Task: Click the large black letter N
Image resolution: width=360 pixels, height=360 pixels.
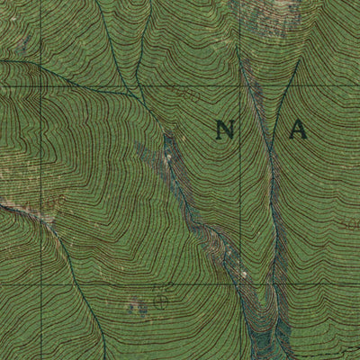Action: click(225, 130)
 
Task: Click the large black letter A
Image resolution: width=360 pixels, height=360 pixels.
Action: click(297, 130)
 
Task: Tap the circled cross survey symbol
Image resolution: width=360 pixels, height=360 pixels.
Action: click(160, 301)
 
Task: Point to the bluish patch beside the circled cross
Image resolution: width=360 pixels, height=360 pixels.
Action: click(137, 307)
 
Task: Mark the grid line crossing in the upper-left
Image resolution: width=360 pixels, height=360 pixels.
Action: click(41, 85)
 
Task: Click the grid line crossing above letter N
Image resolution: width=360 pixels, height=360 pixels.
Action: click(241, 86)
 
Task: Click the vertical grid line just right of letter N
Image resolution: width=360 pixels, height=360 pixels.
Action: click(241, 180)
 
